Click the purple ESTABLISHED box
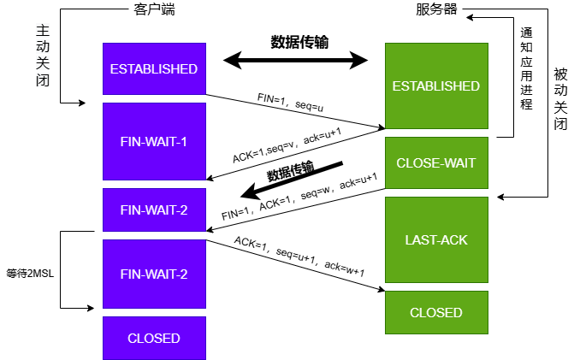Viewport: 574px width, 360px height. (x=154, y=68)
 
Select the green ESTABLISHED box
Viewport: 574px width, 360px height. (x=435, y=86)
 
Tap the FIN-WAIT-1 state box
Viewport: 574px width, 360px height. (x=154, y=141)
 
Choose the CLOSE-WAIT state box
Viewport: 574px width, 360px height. (x=435, y=162)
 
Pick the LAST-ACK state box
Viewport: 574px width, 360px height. (x=435, y=239)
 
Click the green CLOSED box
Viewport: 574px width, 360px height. (x=435, y=312)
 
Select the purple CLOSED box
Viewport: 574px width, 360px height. (x=154, y=338)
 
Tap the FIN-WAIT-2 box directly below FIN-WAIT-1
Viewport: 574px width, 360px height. (x=154, y=210)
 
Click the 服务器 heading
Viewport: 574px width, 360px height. (x=436, y=10)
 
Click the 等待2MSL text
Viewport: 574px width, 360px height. (x=29, y=274)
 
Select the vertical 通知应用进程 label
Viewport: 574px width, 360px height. (x=527, y=68)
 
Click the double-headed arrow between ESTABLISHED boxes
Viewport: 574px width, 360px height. (x=295, y=60)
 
